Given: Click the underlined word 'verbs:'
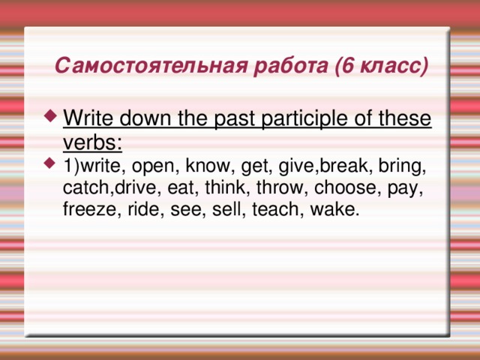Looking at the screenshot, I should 93,142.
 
